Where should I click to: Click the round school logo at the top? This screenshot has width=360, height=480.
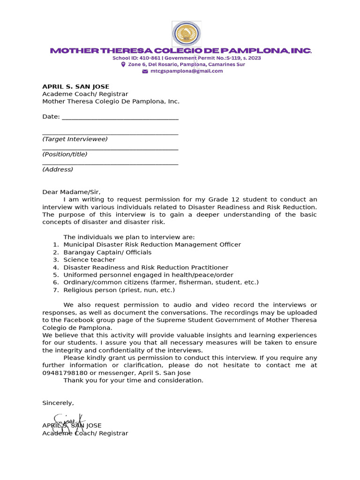click(x=187, y=34)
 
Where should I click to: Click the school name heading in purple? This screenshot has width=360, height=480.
click(x=180, y=51)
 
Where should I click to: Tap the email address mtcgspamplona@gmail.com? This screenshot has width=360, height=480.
click(x=187, y=71)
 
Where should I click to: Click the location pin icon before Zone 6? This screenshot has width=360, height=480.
click(x=123, y=65)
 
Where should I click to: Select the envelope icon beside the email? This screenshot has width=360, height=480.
click(x=145, y=71)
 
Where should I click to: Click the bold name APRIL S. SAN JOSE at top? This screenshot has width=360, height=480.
click(x=75, y=87)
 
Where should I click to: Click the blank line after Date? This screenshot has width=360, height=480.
click(x=120, y=117)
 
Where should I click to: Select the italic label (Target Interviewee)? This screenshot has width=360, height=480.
click(x=75, y=139)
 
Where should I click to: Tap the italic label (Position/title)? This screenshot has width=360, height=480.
click(x=65, y=154)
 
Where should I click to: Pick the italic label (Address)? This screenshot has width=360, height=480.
click(x=58, y=169)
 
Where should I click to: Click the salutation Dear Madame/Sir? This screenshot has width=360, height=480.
click(x=71, y=192)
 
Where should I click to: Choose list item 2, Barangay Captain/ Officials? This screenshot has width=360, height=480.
click(x=107, y=252)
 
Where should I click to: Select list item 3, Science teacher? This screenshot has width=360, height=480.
click(x=89, y=260)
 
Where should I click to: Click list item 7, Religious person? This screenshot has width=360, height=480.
click(x=119, y=290)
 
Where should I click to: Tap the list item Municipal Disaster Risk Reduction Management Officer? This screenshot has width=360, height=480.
click(x=152, y=245)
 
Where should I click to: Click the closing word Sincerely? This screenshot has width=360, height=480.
click(x=58, y=403)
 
